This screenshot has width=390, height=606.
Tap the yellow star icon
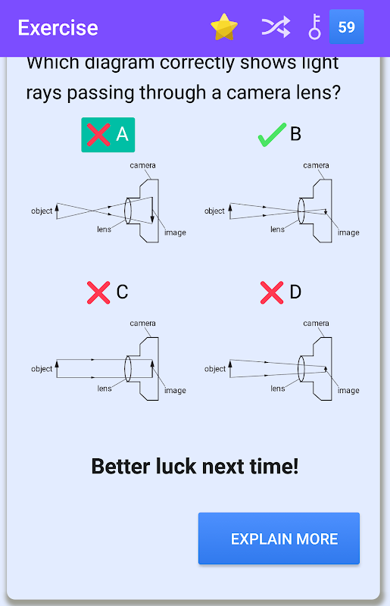[224, 27]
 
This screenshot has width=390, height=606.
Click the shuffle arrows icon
[276, 27]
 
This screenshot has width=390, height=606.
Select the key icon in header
[314, 27]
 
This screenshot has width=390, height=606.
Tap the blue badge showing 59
[346, 27]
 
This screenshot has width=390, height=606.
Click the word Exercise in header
[58, 28]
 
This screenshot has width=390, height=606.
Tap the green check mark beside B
[272, 135]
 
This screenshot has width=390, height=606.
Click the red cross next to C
[98, 292]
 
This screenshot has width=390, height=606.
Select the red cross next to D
[272, 292]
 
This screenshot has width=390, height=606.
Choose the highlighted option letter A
[122, 135]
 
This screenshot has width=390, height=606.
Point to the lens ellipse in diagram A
[125, 211]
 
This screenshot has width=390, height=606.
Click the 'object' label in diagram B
[214, 211]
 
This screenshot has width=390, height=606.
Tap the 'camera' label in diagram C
[142, 323]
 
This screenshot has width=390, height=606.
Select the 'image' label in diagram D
[348, 391]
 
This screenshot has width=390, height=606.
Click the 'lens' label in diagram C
[104, 389]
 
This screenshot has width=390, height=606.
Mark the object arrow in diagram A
[57, 211]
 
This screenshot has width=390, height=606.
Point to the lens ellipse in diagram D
[298, 369]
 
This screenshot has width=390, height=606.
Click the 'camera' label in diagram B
[316, 165]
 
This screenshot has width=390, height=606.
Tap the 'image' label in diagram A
[175, 233]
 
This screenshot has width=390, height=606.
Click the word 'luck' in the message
[176, 466]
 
